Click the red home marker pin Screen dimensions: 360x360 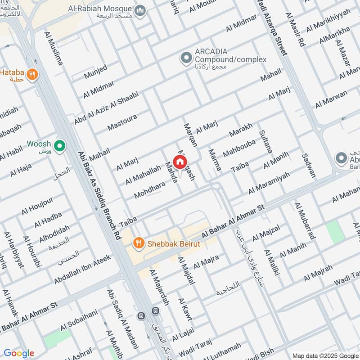coord(180,162)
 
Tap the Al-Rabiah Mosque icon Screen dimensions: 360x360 coord(140,10)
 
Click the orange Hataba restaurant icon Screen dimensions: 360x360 coord(31,75)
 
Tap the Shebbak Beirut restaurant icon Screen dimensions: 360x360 coord(139,243)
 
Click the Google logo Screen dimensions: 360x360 coord(19,353)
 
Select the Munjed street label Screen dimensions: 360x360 coord(95,72)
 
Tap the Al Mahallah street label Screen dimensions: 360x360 coord(143,174)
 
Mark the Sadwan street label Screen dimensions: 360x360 coord(309,164)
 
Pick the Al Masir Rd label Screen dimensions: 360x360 coord(295,30)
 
